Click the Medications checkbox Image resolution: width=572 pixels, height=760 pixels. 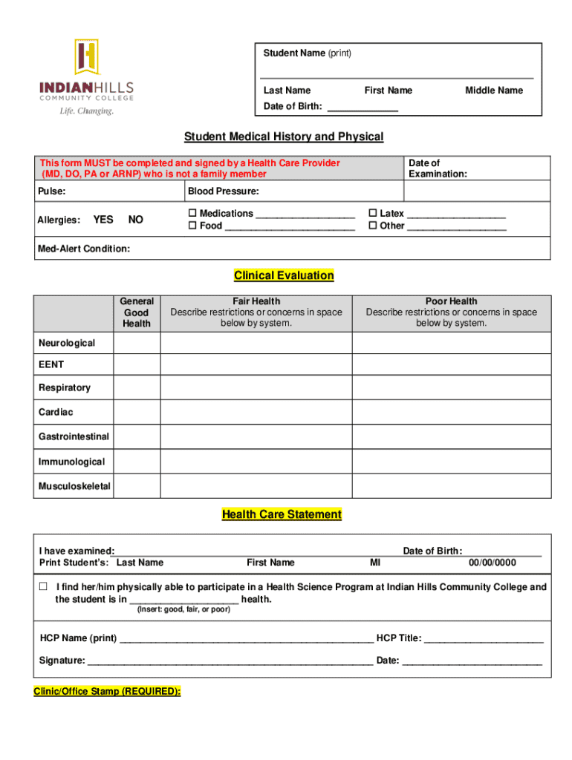(x=193, y=214)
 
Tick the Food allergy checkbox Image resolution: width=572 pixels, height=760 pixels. (x=193, y=226)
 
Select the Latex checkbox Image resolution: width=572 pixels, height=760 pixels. (x=374, y=214)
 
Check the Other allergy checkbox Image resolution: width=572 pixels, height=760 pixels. (x=374, y=226)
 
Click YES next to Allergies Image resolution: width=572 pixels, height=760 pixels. (x=103, y=220)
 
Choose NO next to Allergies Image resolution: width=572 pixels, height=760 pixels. (x=136, y=220)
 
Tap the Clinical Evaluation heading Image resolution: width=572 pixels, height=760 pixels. (x=284, y=275)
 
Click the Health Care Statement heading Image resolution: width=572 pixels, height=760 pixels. (x=282, y=514)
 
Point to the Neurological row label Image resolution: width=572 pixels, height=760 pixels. (x=67, y=343)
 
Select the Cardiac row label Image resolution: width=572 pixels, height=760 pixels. (x=56, y=412)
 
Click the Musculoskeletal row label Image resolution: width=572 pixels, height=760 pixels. (x=74, y=486)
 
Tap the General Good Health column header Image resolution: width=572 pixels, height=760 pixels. (x=137, y=312)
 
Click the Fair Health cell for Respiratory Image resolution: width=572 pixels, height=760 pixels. (x=256, y=388)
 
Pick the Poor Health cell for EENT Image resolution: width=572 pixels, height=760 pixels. (x=451, y=365)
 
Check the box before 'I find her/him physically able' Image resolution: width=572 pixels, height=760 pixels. (x=43, y=587)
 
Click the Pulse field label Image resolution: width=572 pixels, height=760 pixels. (x=51, y=191)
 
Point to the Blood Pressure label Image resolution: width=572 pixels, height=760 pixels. (x=223, y=191)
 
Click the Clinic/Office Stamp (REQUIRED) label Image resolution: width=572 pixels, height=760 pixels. (x=107, y=691)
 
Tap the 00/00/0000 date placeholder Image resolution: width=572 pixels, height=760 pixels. (x=492, y=563)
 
